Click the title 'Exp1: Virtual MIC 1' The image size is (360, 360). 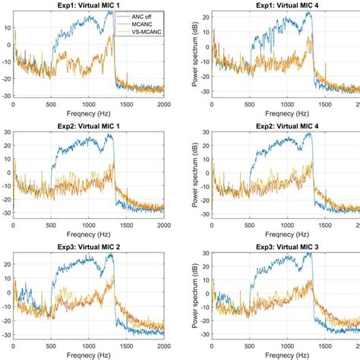coord(88,4)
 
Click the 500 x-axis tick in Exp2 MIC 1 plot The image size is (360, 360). coord(50,226)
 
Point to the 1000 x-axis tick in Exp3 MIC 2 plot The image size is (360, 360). coord(89,346)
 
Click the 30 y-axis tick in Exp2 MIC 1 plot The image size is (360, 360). coord(6,134)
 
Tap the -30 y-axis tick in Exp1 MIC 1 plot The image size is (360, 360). coord(5,96)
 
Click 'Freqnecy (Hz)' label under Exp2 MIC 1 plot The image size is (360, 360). coord(88,235)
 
